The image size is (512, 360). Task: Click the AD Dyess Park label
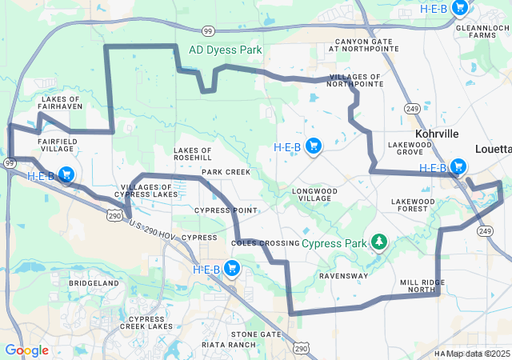pos(225,50)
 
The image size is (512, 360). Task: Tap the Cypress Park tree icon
pos(378,242)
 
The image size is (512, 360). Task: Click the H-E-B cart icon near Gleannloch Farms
pos(459,8)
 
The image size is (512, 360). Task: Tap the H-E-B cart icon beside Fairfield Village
pos(66,174)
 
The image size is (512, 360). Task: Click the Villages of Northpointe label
pos(355,80)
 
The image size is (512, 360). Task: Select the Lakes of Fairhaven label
pos(59,104)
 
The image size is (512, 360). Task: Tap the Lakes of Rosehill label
pos(193,154)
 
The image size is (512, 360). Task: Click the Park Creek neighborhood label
pos(226,172)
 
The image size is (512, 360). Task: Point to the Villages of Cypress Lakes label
pos(148,190)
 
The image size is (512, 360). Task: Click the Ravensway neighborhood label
pos(343,276)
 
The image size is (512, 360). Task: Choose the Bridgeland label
pos(94,283)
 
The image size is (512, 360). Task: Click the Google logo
pos(26,350)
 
